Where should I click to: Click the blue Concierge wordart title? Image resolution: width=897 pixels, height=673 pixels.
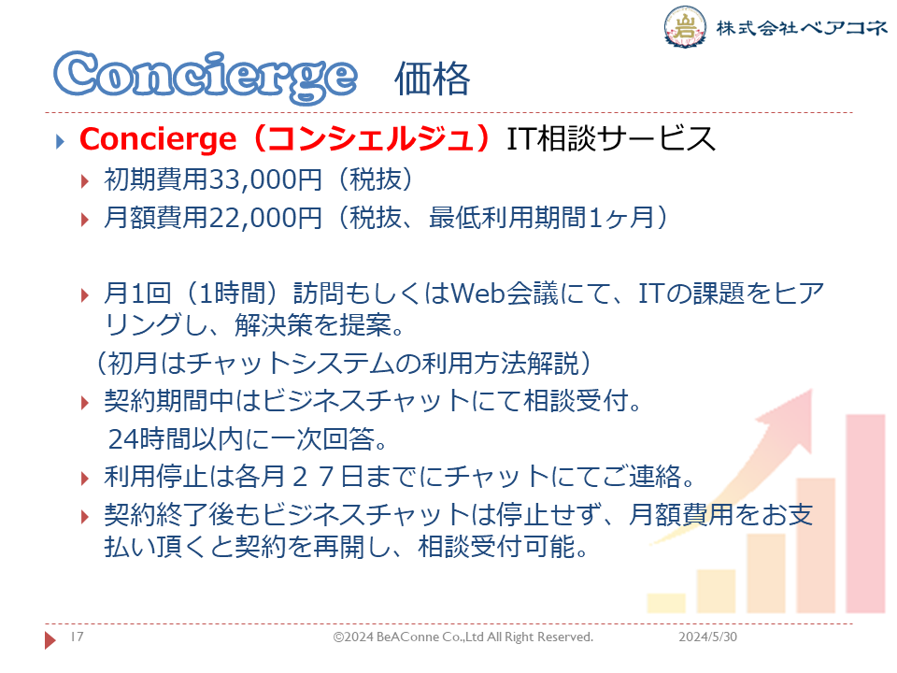pos(206,77)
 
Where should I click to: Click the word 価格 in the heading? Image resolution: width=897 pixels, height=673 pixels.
pos(432,79)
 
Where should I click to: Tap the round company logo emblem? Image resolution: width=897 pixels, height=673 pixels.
pos(684,26)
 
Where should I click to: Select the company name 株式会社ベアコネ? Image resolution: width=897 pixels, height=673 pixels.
pos(802,27)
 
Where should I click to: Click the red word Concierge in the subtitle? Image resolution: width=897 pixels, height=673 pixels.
pos(157,139)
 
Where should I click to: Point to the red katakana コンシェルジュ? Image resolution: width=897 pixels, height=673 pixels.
pos(372,138)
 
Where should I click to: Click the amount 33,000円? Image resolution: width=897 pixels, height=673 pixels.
pos(264,179)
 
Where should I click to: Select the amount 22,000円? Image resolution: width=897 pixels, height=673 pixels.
pos(264,218)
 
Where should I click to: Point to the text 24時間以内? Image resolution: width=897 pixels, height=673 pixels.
pos(177,439)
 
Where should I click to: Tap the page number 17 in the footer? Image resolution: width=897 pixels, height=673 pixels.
pos(78,637)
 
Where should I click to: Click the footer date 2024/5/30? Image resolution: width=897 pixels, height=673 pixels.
pos(707,637)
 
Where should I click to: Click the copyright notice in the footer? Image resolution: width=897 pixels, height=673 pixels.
pos(463,637)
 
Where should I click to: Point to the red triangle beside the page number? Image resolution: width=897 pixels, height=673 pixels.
pos(50,639)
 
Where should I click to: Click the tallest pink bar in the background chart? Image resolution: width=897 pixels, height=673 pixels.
pos(865,513)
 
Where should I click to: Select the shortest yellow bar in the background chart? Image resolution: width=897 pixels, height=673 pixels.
pos(666,603)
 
